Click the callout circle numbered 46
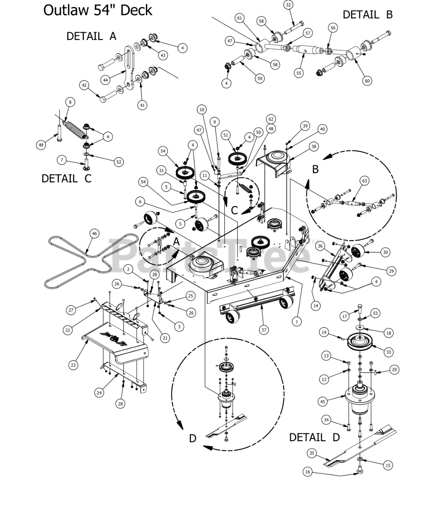tap(94, 234)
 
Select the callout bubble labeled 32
tap(288, 5)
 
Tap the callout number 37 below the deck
tap(263, 330)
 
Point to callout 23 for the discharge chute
tap(73, 365)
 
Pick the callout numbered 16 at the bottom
tap(308, 472)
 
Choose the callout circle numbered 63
tap(364, 181)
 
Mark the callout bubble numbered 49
tap(41, 145)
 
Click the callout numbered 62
tap(271, 119)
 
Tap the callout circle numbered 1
tap(297, 322)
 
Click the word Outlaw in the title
tap(66, 10)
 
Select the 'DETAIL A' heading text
tap(91, 36)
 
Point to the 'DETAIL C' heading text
tap(66, 178)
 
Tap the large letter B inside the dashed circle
tap(315, 169)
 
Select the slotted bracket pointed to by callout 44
tap(129, 67)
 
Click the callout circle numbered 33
tap(388, 352)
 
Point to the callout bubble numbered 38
tap(313, 146)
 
